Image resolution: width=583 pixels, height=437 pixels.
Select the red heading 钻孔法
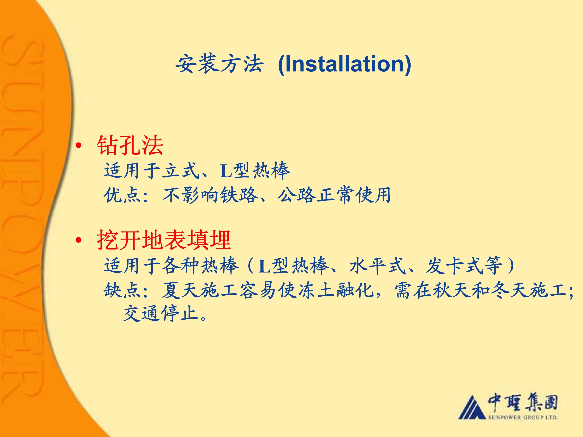(x=130, y=145)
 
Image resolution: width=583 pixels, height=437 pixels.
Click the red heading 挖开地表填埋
(x=164, y=240)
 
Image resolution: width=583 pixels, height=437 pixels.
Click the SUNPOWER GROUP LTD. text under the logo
(x=523, y=417)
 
